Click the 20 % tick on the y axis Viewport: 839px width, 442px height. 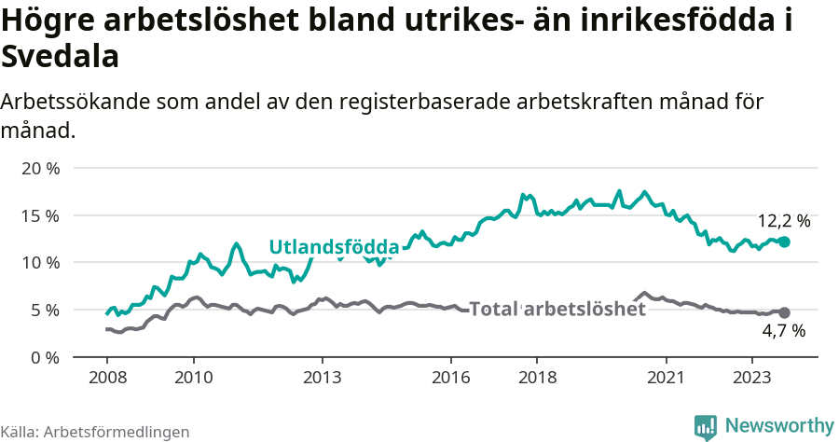click(x=40, y=169)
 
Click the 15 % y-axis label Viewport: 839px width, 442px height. click(x=40, y=215)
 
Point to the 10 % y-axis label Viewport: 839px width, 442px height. click(x=40, y=263)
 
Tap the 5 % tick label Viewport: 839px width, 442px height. click(x=45, y=310)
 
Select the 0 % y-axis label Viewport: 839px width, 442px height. click(x=45, y=357)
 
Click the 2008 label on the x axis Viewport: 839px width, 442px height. click(x=106, y=378)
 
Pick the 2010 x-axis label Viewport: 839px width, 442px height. click(x=193, y=378)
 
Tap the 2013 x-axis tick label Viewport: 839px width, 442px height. click(x=322, y=378)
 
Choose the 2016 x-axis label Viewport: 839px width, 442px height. click(x=451, y=378)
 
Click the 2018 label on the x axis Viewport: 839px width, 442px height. click(x=537, y=378)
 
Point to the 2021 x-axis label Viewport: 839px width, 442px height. click(x=667, y=378)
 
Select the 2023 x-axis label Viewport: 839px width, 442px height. click(x=752, y=378)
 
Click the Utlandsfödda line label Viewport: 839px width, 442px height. click(x=334, y=247)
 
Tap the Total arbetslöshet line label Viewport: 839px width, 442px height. click(x=557, y=310)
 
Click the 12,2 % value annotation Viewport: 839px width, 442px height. click(x=783, y=222)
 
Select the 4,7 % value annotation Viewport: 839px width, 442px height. click(x=783, y=331)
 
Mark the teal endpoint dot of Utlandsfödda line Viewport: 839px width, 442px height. click(x=784, y=242)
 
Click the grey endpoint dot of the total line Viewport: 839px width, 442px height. click(x=784, y=312)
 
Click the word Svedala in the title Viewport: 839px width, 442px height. click(x=61, y=58)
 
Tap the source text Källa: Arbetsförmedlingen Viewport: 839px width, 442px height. click(x=95, y=432)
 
